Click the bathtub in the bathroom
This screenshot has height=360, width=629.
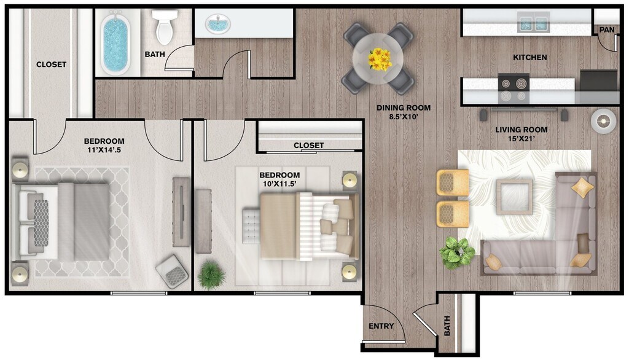(x=117, y=44)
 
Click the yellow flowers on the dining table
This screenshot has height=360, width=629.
(x=379, y=60)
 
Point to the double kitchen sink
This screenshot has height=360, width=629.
(x=532, y=23)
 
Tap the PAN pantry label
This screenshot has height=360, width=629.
(x=606, y=29)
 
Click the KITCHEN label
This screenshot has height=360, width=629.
(x=529, y=58)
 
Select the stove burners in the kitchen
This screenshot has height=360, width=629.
(x=513, y=88)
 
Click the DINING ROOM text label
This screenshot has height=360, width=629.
(x=404, y=108)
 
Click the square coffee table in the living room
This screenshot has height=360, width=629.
(x=515, y=196)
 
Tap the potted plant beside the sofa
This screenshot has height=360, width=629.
(x=457, y=252)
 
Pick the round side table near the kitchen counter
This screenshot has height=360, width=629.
(x=603, y=120)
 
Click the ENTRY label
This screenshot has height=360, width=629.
(x=381, y=326)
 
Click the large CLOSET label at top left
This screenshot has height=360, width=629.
(x=51, y=65)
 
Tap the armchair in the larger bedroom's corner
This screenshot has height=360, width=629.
(x=172, y=271)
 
